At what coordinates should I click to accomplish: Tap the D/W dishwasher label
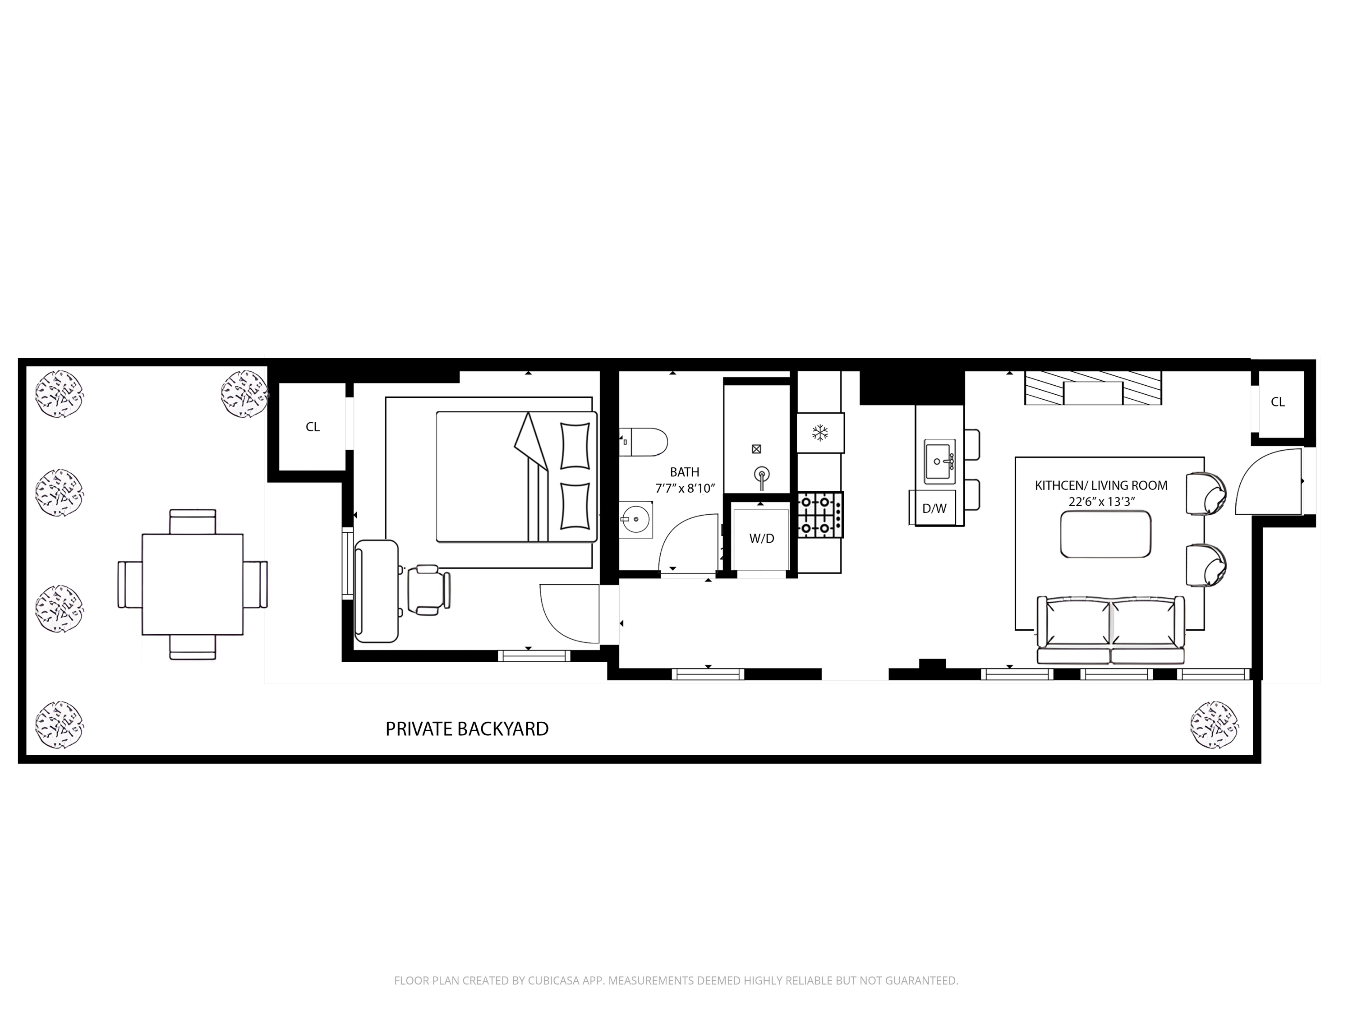(x=934, y=508)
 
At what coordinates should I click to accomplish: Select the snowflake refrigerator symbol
(x=819, y=433)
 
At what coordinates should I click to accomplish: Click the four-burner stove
(x=820, y=515)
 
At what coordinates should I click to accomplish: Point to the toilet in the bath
(x=644, y=442)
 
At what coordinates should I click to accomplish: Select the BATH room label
(x=685, y=472)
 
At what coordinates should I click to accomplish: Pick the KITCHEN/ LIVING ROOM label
(x=1101, y=486)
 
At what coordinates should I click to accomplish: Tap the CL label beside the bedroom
(x=313, y=427)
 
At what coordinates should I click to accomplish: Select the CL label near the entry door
(x=1278, y=402)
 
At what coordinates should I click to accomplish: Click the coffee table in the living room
(x=1105, y=535)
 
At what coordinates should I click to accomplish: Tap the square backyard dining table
(x=193, y=584)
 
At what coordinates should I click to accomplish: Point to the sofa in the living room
(x=1111, y=630)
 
